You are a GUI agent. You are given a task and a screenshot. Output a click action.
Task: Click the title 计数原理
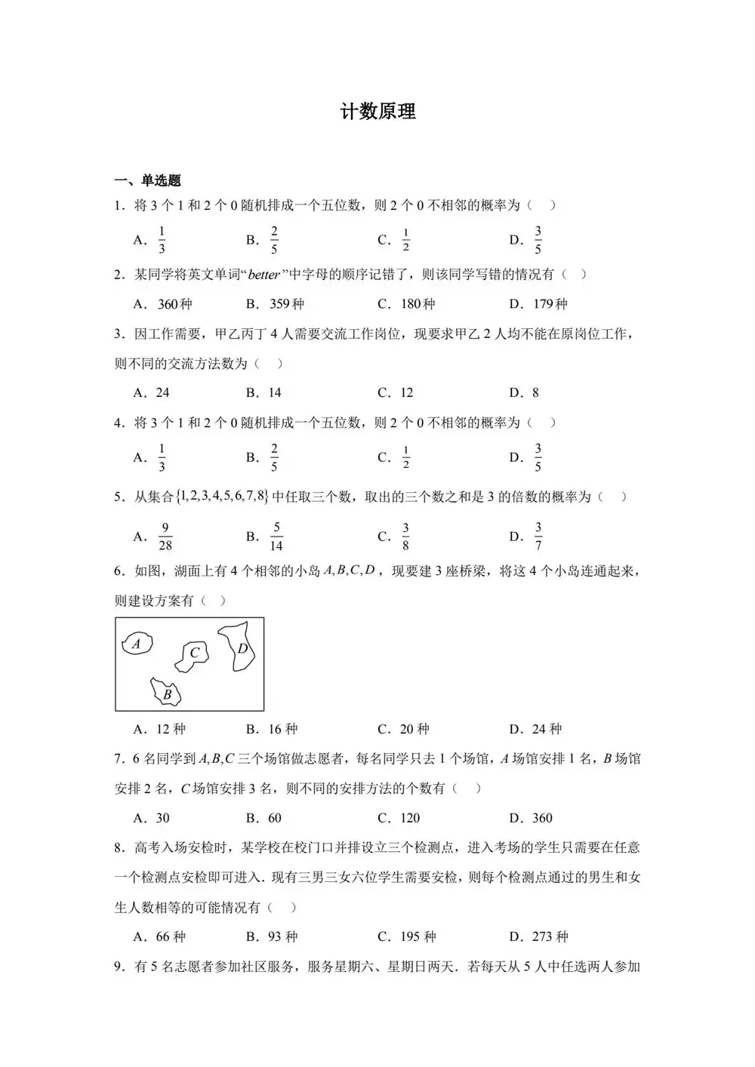pyautogui.click(x=377, y=112)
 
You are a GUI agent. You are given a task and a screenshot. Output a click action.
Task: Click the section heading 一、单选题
pyautogui.click(x=147, y=180)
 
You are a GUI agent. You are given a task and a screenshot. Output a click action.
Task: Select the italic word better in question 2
pyautogui.click(x=264, y=275)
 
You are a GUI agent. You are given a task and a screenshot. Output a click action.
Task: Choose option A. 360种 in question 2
pyautogui.click(x=163, y=304)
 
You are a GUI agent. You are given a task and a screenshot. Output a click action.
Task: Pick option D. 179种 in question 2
pyautogui.click(x=538, y=304)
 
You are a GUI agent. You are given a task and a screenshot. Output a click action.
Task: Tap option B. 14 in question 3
pyautogui.click(x=263, y=392)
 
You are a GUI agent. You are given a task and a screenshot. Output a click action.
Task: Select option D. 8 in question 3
pyautogui.click(x=524, y=392)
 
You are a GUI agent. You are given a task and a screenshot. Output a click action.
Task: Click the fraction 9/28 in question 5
pyautogui.click(x=165, y=537)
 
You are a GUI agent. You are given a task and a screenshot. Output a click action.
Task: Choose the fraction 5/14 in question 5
pyautogui.click(x=276, y=537)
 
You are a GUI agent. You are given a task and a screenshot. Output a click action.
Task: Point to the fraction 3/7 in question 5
pyautogui.click(x=538, y=537)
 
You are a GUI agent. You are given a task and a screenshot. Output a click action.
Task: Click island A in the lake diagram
pyautogui.click(x=137, y=644)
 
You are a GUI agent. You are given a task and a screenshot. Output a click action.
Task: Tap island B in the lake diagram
pyautogui.click(x=167, y=692)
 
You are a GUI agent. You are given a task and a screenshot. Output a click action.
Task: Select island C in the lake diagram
pyautogui.click(x=193, y=653)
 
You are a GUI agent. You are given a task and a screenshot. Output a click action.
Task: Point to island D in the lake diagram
pyautogui.click(x=241, y=647)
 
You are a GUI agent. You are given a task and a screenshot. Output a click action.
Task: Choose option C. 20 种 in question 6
pyautogui.click(x=403, y=729)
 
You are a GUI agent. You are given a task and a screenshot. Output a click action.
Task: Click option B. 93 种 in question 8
pyautogui.click(x=272, y=936)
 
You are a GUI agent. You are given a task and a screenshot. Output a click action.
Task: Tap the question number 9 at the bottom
pyautogui.click(x=119, y=967)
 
